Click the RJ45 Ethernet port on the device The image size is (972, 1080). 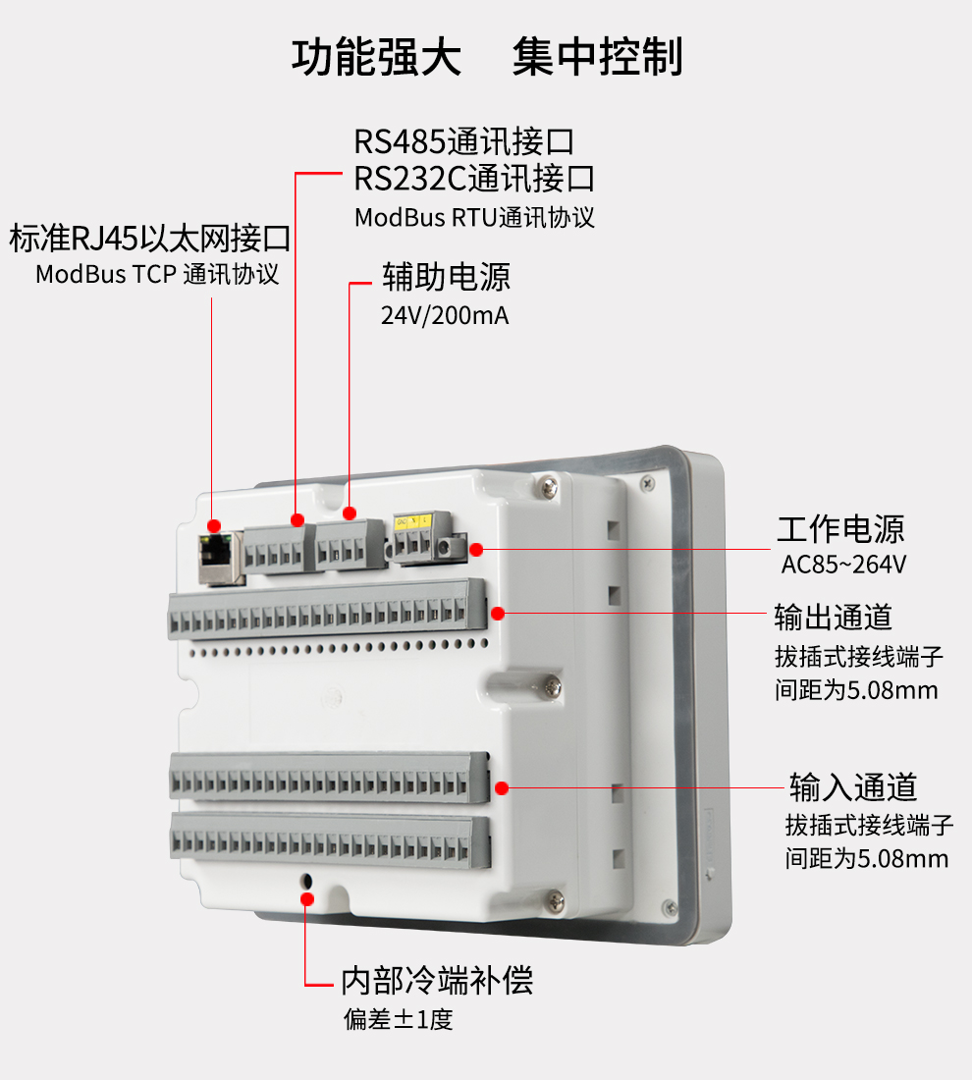coord(220,558)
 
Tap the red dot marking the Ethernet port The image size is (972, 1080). coord(214,527)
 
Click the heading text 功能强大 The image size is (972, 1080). coord(376,58)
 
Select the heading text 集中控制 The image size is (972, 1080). coord(597,58)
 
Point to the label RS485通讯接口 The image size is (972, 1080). coord(463,141)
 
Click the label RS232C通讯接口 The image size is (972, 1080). coord(474,179)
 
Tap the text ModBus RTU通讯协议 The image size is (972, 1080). coord(474,217)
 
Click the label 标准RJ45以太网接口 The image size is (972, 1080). coord(149,238)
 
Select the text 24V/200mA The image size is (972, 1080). coord(445,316)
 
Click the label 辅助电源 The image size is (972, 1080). coord(447,277)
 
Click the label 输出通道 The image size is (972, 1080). coord(834,618)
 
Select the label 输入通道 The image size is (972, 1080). coord(853,786)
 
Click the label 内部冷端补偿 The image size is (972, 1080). coord(437,980)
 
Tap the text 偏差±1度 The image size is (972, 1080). coord(398,1019)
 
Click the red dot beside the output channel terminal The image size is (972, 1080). coord(498,614)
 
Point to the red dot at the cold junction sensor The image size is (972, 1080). coord(307,897)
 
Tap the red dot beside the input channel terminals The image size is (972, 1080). coord(501,787)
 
